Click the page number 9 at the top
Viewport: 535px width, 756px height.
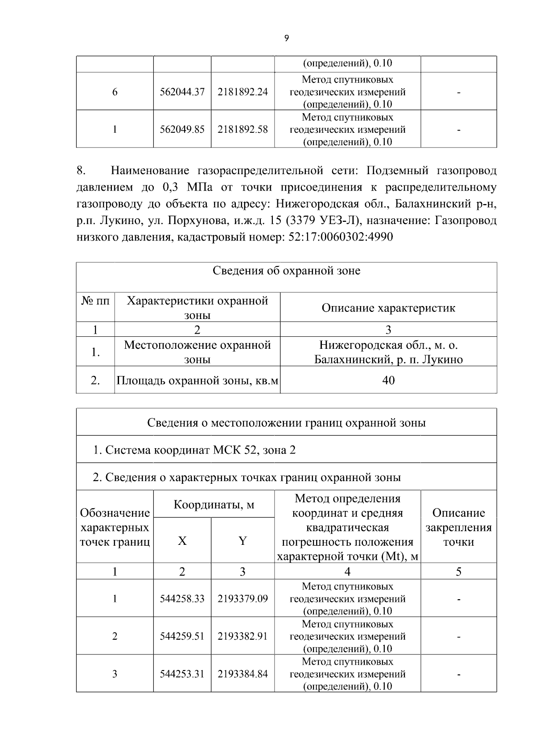pos(286,38)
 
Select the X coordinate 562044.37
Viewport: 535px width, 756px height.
pos(182,92)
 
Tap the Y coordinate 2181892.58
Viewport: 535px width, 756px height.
pos(243,129)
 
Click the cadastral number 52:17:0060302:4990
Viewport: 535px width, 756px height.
pos(341,237)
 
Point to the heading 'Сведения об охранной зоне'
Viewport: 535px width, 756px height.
pos(286,271)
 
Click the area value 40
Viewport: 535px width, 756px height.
pos(388,380)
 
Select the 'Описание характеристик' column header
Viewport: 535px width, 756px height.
pos(388,308)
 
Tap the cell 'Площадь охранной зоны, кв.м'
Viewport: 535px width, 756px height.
pos(198,380)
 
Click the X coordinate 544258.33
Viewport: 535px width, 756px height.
pos(182,599)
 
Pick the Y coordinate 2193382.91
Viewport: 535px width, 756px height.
pos(243,636)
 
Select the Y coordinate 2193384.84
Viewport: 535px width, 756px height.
pos(243,674)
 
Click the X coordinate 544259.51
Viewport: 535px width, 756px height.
pos(182,636)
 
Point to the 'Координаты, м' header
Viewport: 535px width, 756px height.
pos(214,505)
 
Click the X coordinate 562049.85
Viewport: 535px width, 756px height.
pos(182,129)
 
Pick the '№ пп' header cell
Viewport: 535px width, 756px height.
pos(95,301)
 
